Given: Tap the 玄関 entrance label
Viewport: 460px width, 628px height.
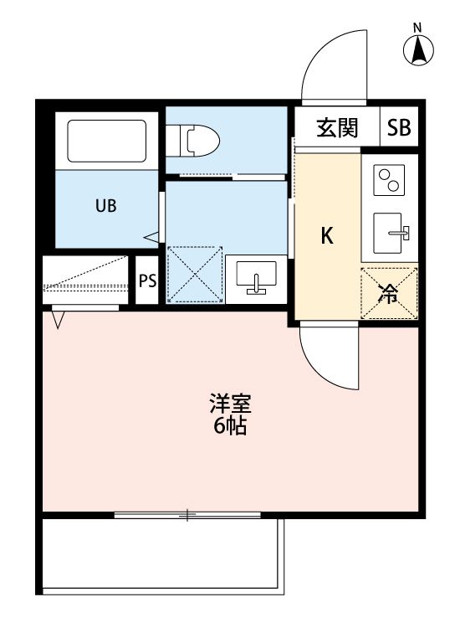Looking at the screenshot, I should click(x=337, y=128).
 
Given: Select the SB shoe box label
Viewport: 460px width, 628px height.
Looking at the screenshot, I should click(x=399, y=128).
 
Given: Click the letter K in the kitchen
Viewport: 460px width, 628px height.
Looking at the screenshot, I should click(x=328, y=236).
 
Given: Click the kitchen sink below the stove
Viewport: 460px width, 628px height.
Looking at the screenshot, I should click(x=391, y=231).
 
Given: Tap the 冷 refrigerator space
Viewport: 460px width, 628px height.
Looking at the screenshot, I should click(x=389, y=292).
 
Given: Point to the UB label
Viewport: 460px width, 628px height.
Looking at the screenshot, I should click(x=105, y=205).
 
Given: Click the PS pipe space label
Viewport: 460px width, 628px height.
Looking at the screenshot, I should click(x=147, y=281).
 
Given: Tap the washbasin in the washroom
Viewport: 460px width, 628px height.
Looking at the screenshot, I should click(x=257, y=276).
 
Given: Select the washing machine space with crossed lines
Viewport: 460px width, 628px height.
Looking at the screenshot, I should click(x=194, y=275).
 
